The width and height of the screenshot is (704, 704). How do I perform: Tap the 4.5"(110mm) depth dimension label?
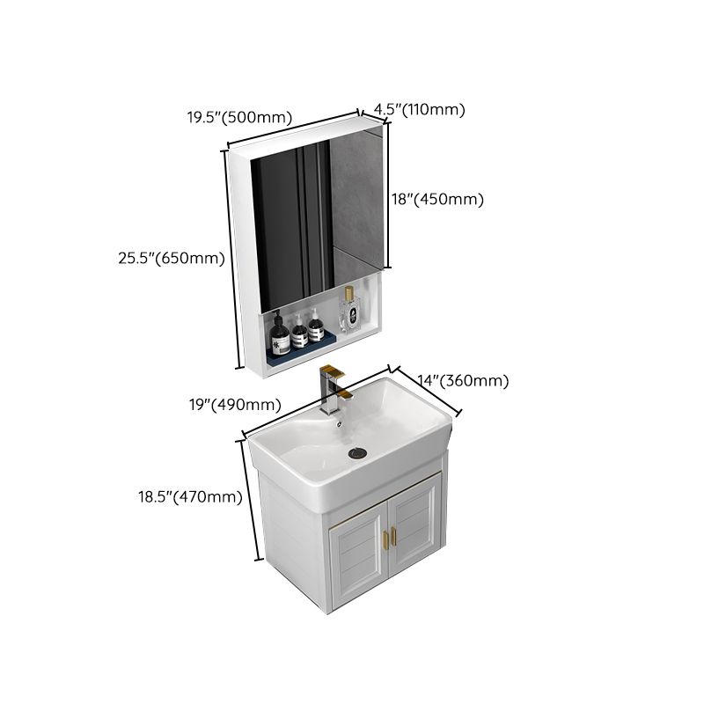pos(419,109)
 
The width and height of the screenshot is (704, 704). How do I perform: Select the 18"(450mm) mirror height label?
pos(438,199)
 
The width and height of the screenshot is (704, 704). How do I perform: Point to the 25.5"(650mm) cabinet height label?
pos(172,258)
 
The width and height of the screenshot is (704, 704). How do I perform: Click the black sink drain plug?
pos(358,453)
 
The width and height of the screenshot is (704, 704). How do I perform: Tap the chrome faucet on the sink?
pos(331,392)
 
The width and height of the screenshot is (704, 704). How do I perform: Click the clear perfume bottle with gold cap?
pos(351,314)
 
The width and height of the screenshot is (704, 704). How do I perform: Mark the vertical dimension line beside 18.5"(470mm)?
pos(250,498)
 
